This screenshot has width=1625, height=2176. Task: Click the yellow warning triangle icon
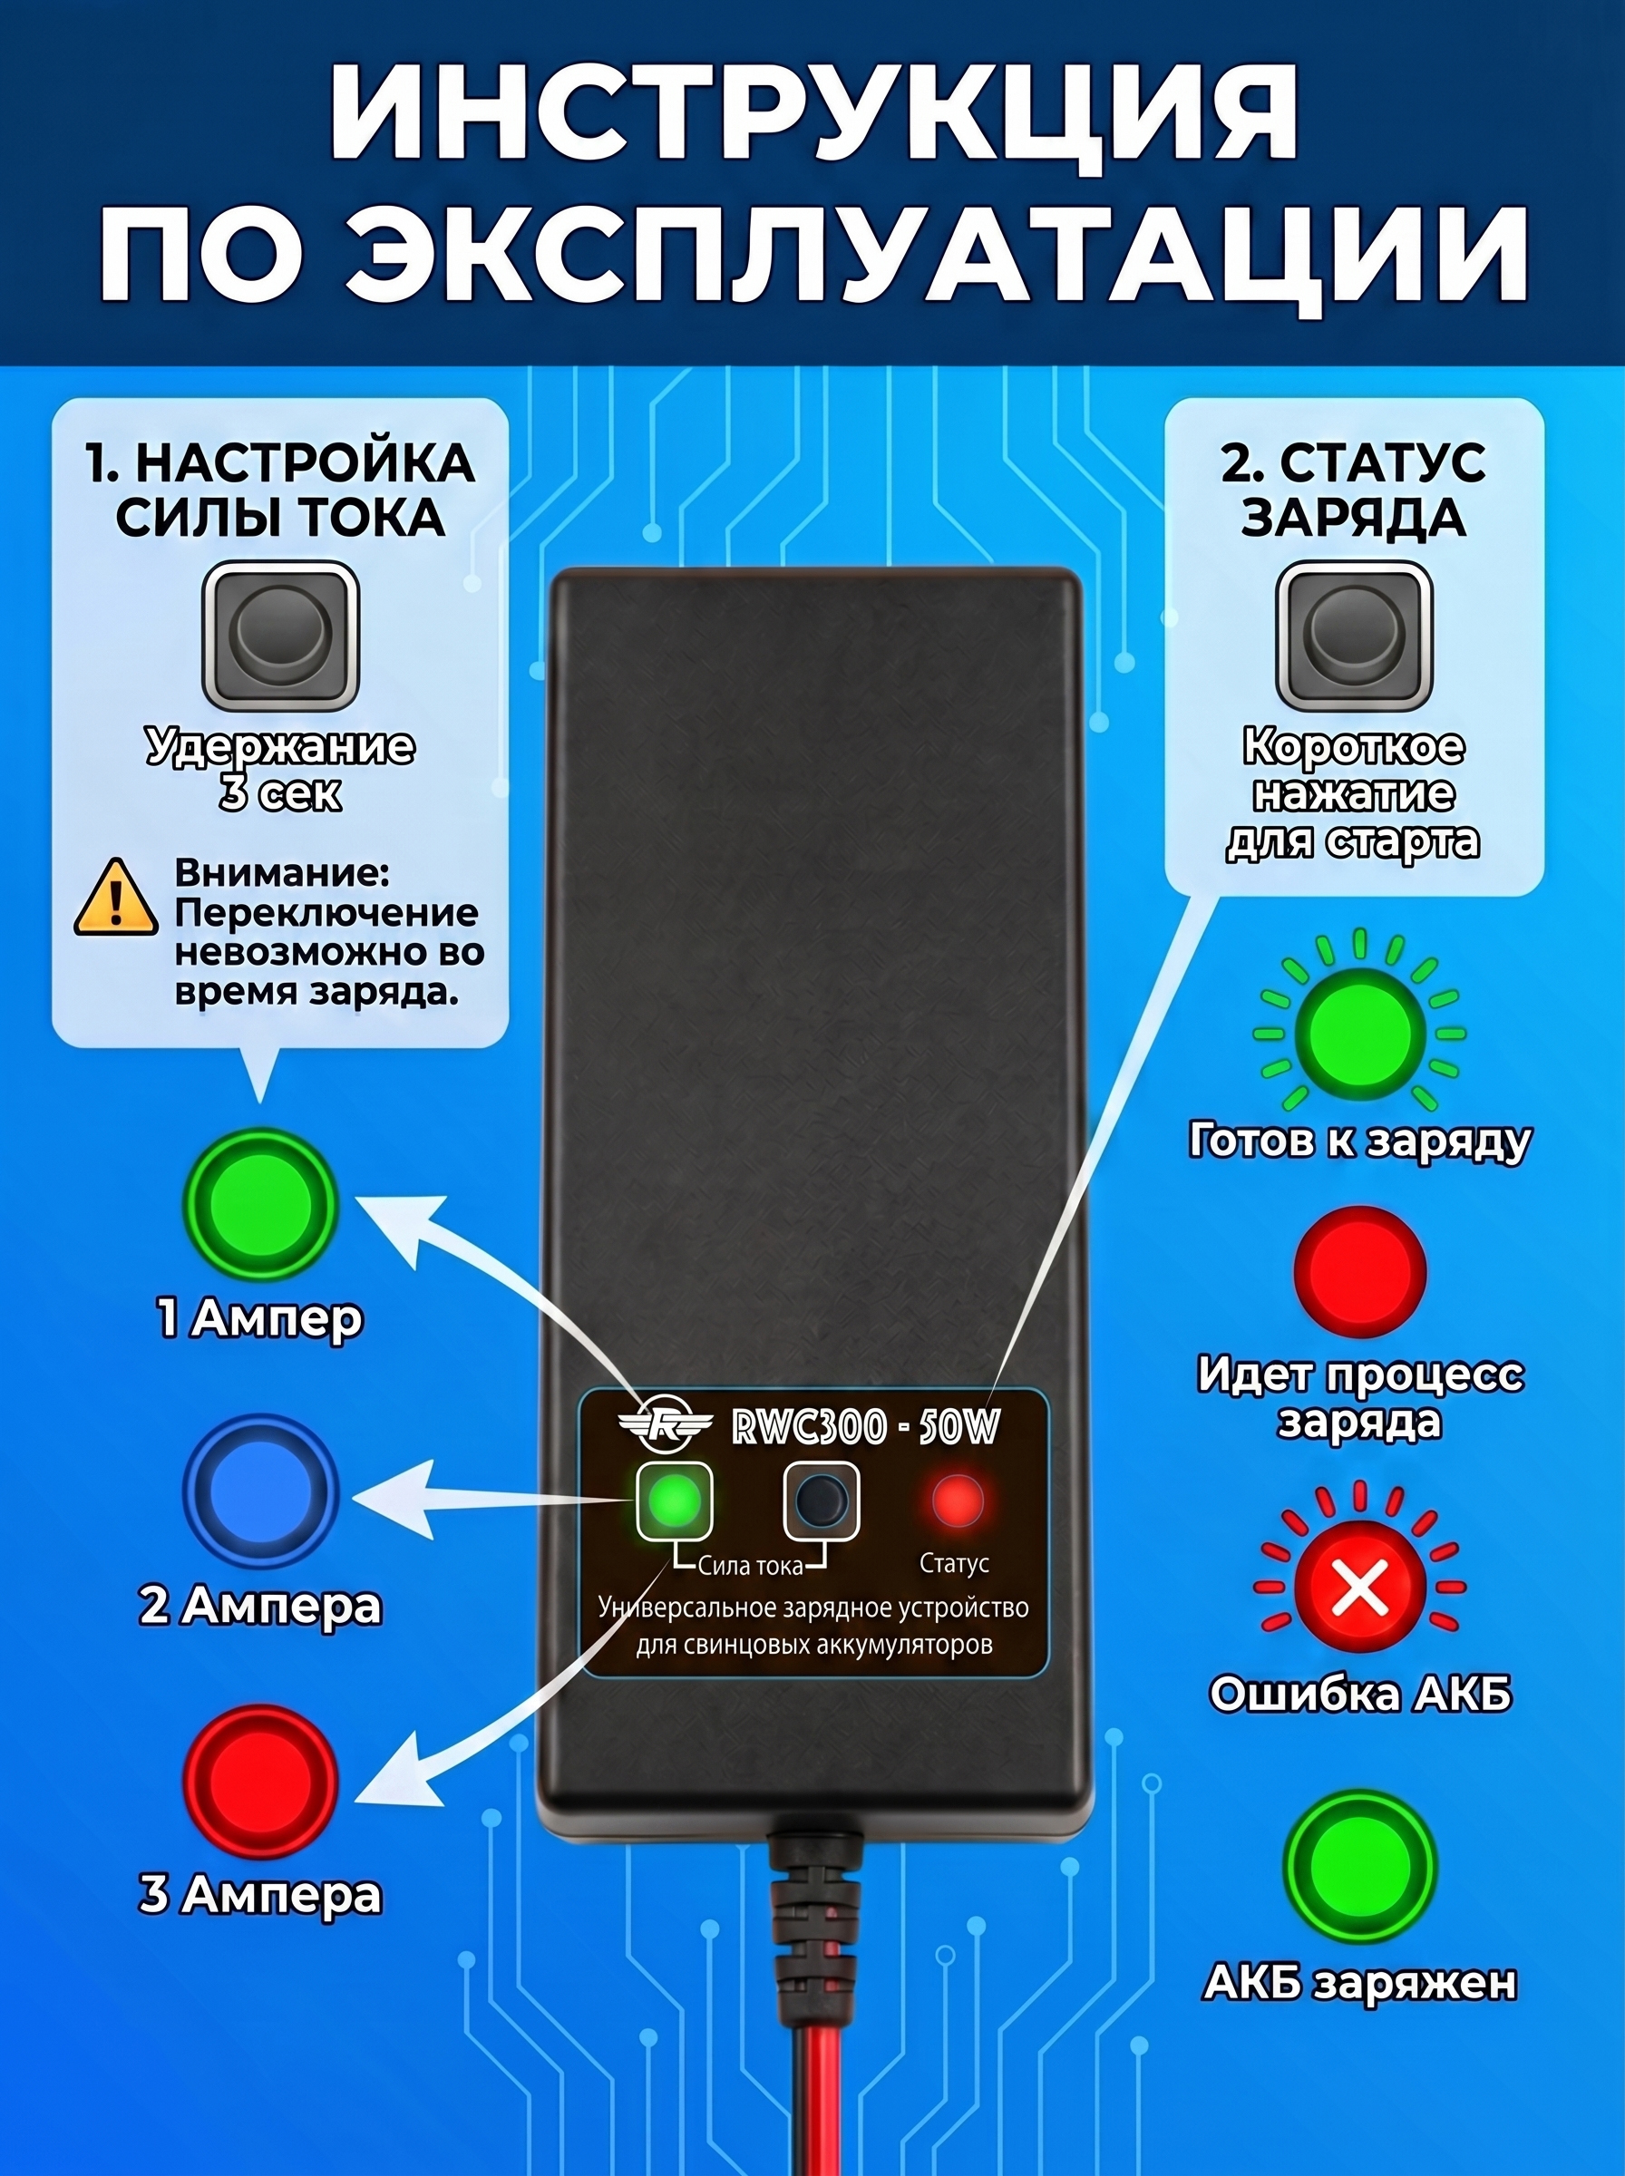(116, 898)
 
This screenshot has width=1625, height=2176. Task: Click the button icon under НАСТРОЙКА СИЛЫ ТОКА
(280, 636)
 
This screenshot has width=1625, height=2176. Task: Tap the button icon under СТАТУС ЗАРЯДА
(1355, 636)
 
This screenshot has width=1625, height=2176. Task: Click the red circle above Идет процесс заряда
(1359, 1271)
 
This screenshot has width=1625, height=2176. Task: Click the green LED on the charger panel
(674, 1501)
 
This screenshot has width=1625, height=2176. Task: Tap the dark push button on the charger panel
(822, 1501)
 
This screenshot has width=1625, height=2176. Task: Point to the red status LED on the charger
(957, 1501)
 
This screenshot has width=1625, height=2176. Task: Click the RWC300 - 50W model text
(866, 1428)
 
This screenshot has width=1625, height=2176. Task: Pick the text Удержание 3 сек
(280, 770)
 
